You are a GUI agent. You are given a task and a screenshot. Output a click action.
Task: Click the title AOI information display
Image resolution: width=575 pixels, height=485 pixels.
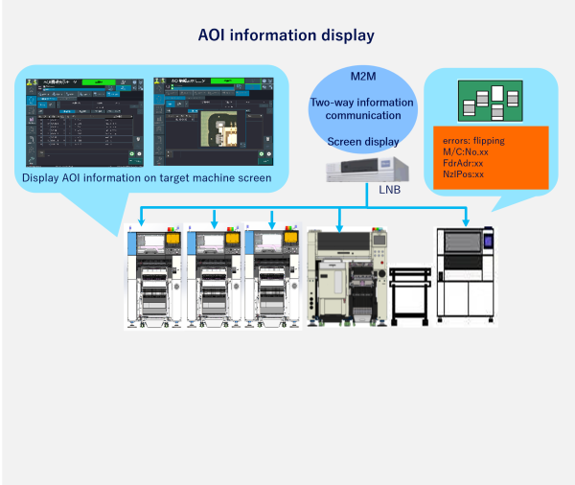[x=286, y=35]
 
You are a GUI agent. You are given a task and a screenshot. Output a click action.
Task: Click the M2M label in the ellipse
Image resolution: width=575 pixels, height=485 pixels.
[x=363, y=77]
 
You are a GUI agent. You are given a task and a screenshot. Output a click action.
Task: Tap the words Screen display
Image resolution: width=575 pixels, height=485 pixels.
[x=362, y=142]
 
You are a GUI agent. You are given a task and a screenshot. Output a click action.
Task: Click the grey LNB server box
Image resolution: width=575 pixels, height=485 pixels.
[x=367, y=171]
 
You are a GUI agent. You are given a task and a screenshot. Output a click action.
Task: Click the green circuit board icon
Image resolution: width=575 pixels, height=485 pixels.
[x=491, y=99]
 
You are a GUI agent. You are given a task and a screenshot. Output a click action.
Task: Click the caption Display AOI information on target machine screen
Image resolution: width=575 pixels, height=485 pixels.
[x=146, y=177]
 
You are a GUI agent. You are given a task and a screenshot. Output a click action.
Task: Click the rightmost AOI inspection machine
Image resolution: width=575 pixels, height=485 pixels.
[x=464, y=273]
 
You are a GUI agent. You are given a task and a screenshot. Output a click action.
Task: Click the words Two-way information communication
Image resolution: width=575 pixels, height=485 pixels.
[x=362, y=109]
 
